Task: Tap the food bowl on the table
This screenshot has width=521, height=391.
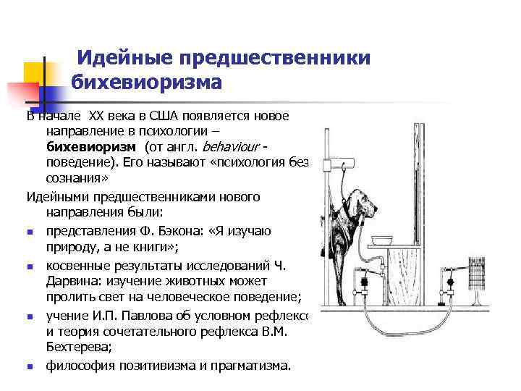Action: pyautogui.click(x=383, y=240)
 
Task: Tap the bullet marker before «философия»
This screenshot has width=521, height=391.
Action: pyautogui.click(x=30, y=366)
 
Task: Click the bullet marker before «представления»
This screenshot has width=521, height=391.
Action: pyautogui.click(x=30, y=232)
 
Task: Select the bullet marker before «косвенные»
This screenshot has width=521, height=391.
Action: pyautogui.click(x=30, y=266)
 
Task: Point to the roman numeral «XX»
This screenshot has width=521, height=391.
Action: pyautogui.click(x=97, y=115)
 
